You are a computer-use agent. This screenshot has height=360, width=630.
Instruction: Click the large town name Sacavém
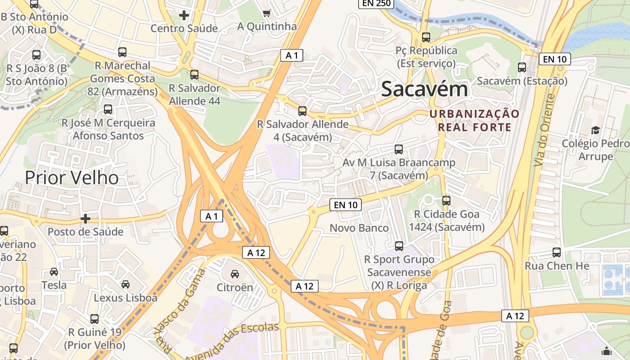pos(424,90)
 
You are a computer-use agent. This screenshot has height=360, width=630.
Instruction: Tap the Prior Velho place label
pos(72,178)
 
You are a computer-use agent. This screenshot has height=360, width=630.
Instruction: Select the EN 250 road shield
pos(376,4)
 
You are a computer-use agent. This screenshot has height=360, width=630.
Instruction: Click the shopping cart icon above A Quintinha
pos(266,13)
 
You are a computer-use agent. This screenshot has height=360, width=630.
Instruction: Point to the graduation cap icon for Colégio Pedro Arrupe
pos(595,130)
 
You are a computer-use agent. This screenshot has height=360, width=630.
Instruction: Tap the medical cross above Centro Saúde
pos(184,15)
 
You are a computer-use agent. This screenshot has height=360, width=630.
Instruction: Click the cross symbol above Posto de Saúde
pos(85,219)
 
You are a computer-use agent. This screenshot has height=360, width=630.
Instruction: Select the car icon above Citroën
pos(234,274)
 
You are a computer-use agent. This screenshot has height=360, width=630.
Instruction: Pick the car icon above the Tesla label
pos(54,272)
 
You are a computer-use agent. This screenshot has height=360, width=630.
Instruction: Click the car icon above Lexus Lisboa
pos(126,284)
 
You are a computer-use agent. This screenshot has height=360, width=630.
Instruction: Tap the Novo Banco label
pos(359,228)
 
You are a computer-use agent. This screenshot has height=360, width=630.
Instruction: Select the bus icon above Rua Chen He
pos(557,252)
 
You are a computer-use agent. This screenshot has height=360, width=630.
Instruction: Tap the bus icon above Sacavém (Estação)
pos(522,67)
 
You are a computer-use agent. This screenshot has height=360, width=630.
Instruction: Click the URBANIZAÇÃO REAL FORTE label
pos(474,120)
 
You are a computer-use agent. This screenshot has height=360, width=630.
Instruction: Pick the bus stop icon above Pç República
pos(426,37)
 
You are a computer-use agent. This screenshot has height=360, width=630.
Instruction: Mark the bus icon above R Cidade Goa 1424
pos(446,200)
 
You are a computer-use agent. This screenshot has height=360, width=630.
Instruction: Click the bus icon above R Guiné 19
pos(94,319)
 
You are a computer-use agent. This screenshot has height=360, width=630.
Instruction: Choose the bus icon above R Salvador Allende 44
pos(194,75)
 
